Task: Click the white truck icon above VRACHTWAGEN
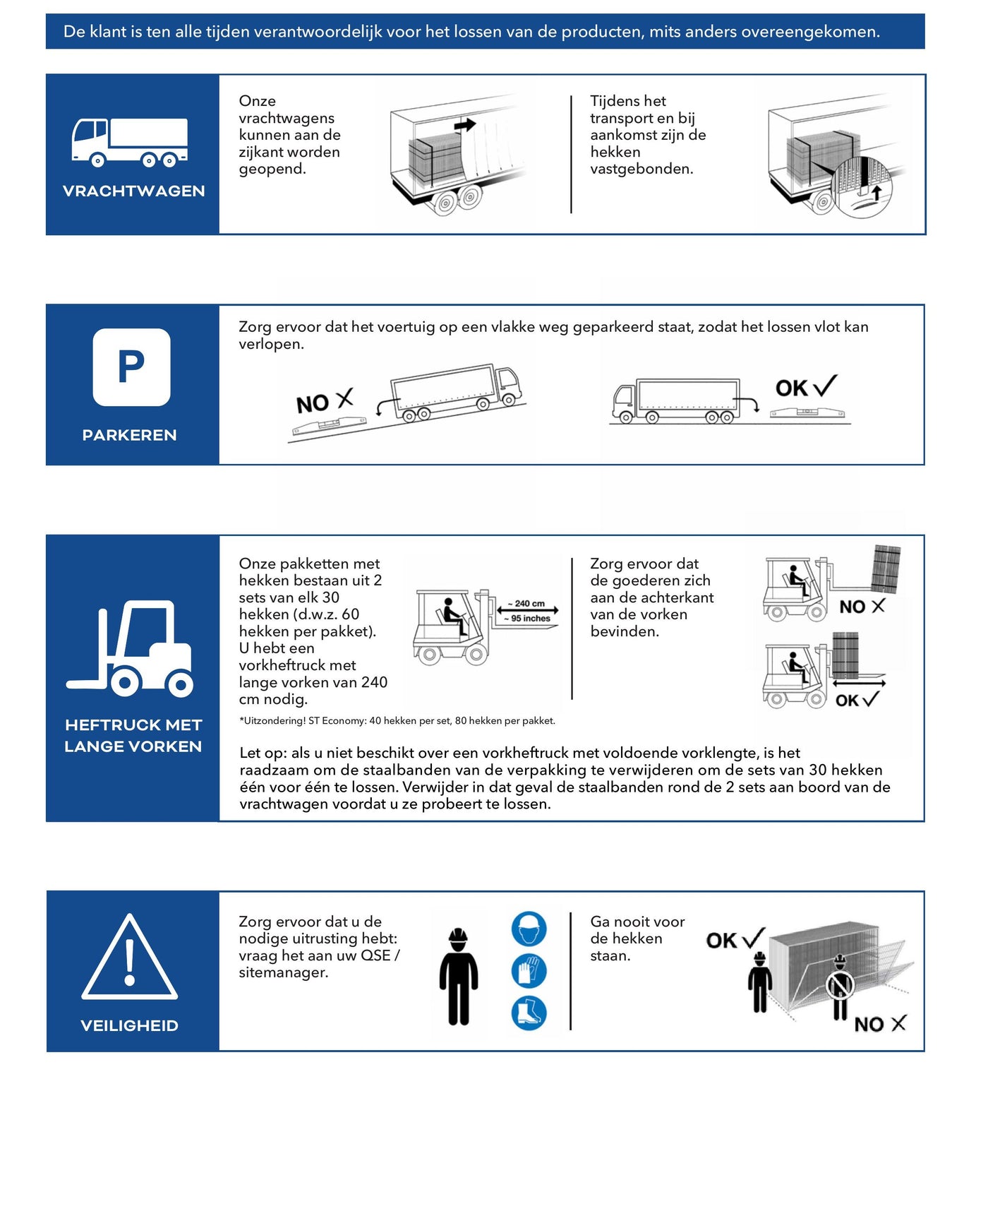[130, 142]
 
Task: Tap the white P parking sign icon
[131, 367]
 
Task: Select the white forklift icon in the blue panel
[131, 649]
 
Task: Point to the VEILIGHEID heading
[130, 1025]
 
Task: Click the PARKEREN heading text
[130, 435]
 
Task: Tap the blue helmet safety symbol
[529, 929]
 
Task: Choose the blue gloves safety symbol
[529, 971]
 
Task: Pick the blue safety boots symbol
[529, 1013]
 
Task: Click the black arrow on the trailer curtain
[465, 126]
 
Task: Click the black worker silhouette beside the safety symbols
[459, 977]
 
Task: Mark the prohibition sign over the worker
[841, 984]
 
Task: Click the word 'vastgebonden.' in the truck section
[641, 169]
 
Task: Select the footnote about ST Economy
[397, 721]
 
